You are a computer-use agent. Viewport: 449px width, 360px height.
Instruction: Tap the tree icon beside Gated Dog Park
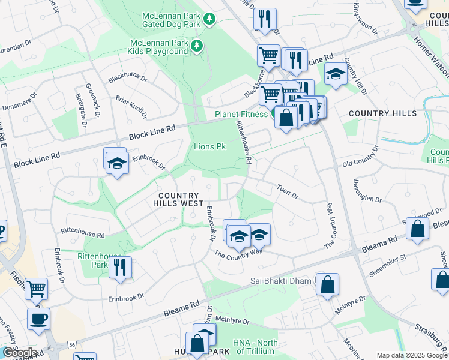click(209, 20)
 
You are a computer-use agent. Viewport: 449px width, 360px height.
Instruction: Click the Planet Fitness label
click(241, 114)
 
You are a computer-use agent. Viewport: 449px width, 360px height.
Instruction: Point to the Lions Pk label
click(209, 146)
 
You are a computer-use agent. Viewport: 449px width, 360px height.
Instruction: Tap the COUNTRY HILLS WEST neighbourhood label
click(178, 200)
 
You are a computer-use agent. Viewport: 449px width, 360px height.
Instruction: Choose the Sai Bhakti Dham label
click(281, 281)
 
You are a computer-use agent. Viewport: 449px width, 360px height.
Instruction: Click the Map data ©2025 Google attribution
click(412, 355)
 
